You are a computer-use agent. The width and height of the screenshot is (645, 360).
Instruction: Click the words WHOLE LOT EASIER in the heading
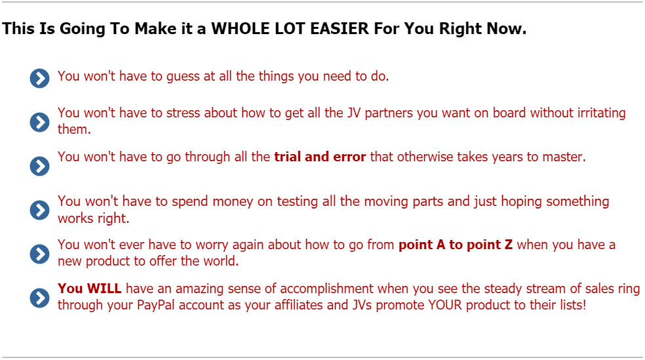[290, 28]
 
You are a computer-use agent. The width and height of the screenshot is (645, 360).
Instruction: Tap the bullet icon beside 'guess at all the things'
[39, 78]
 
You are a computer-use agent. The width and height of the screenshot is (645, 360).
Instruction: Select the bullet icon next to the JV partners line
[39, 122]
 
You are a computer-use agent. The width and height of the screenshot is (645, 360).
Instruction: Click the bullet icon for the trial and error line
[39, 166]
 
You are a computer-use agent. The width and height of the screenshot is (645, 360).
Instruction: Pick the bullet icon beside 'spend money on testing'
[39, 210]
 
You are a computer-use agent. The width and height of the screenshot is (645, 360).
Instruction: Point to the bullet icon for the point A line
[39, 254]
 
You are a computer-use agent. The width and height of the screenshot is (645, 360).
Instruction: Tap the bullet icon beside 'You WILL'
[39, 298]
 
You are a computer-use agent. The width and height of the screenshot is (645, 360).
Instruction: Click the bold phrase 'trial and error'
[320, 157]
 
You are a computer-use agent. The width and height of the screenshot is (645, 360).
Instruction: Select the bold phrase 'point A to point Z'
[456, 245]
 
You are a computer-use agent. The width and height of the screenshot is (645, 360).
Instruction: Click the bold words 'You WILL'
[89, 289]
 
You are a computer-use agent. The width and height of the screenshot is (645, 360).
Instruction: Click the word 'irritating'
[601, 113]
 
